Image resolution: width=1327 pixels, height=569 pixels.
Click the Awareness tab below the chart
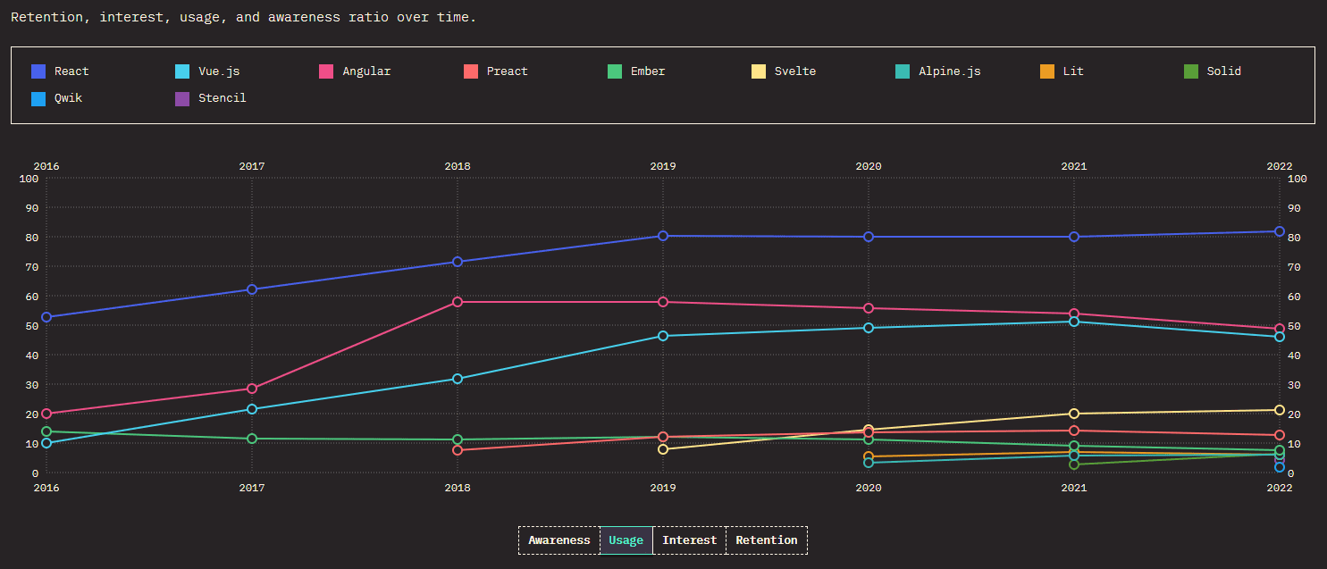[x=559, y=540]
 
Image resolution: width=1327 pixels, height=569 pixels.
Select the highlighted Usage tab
[x=626, y=540]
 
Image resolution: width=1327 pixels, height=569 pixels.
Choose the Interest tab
[x=689, y=540]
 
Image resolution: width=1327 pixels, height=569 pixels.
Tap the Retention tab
[x=766, y=540]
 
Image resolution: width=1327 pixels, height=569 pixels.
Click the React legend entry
[x=71, y=71]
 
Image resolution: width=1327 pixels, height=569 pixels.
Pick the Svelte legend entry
[x=794, y=71]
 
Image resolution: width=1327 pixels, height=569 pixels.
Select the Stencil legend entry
[x=222, y=98]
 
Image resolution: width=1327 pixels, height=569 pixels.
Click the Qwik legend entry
[x=68, y=98]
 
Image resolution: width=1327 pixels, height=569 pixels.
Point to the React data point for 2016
[x=46, y=317]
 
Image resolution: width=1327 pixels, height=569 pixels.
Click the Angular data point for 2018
[x=458, y=302]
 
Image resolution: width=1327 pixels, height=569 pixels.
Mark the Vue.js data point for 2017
[x=252, y=409]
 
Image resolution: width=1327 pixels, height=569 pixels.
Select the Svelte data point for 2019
[x=663, y=449]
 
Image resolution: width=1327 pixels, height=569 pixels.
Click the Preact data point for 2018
[x=458, y=450]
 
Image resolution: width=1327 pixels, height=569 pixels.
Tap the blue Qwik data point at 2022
[x=1280, y=467]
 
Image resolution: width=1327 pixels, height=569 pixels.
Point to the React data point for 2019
[x=663, y=236]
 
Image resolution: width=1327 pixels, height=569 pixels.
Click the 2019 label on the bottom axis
[x=663, y=488]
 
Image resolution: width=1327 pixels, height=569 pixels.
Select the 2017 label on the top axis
[x=252, y=166]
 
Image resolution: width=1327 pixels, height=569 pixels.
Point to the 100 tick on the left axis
[x=29, y=179]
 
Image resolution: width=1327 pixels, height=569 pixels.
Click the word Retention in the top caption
[x=44, y=18]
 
